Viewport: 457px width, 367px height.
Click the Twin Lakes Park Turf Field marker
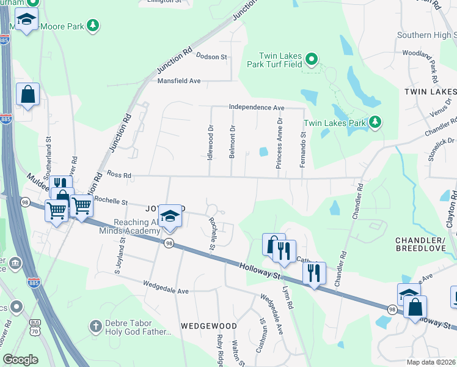tap(311, 59)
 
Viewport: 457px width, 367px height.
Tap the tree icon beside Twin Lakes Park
tap(375, 123)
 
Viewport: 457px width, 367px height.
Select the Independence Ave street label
tap(257, 108)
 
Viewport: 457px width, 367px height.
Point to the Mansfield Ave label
tap(179, 81)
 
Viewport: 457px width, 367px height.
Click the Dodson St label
tap(211, 56)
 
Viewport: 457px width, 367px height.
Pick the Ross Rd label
tap(119, 174)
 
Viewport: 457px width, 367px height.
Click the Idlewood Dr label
tap(210, 143)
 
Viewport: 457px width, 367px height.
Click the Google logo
tap(21, 360)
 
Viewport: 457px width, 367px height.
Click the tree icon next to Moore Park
tap(92, 25)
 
